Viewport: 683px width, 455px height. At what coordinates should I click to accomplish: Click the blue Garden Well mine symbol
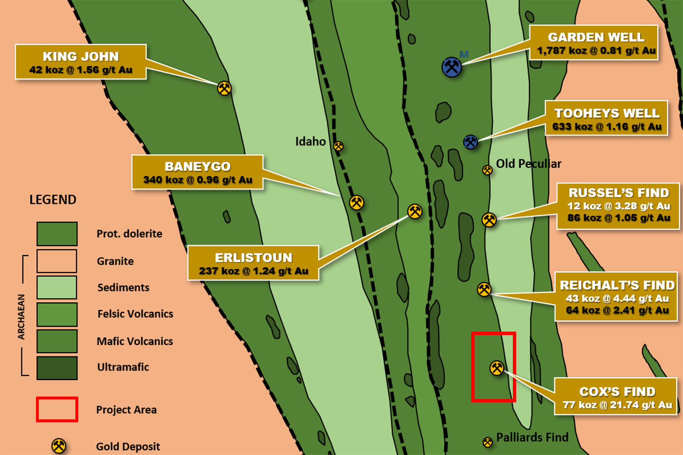(x=452, y=67)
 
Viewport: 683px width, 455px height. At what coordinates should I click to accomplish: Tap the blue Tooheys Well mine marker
(x=471, y=142)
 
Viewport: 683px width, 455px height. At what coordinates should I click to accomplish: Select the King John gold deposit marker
(x=224, y=88)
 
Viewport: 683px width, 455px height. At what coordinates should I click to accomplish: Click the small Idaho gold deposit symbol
(x=339, y=146)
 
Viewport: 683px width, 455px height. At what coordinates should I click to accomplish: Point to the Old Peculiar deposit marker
(x=487, y=170)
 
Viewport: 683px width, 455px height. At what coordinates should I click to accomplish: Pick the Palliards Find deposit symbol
(x=488, y=442)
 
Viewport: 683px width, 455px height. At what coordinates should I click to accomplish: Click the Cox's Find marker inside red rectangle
(x=497, y=368)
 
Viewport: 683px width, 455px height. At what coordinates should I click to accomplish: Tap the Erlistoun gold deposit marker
(x=415, y=211)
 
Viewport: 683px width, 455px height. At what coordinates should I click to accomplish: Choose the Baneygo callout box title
(x=198, y=166)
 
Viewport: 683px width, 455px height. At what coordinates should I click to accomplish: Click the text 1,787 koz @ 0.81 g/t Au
(x=596, y=51)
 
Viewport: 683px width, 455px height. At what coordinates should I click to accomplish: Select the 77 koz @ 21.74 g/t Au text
(x=618, y=405)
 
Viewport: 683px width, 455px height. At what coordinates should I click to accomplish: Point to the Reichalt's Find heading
(x=618, y=285)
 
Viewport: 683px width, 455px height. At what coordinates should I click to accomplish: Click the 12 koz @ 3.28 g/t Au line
(x=618, y=206)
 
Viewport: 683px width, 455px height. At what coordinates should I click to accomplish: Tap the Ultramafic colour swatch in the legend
(x=57, y=368)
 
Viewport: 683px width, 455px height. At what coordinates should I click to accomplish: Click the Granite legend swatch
(x=57, y=261)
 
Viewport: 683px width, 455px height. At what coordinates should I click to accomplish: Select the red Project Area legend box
(x=57, y=409)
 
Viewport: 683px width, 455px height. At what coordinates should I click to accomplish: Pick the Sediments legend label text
(x=123, y=287)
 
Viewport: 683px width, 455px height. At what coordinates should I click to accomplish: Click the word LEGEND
(x=53, y=200)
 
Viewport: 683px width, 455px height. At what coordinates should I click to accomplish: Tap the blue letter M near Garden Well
(x=464, y=55)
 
